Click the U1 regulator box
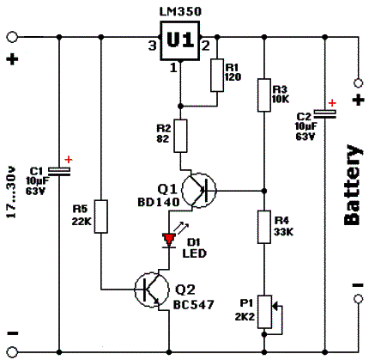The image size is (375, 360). (180, 41)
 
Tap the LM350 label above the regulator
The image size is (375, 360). (180, 11)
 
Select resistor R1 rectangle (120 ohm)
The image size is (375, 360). (217, 76)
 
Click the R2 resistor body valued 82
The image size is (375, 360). (180, 136)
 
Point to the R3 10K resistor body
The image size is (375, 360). (264, 95)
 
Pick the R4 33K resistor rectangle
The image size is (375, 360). (264, 227)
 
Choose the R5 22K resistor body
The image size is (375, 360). (101, 217)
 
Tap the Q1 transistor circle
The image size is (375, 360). (199, 190)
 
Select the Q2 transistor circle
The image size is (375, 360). (152, 290)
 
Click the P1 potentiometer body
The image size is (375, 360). (264, 312)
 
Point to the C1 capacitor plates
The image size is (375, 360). (59, 171)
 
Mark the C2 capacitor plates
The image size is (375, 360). (324, 114)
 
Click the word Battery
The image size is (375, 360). (353, 185)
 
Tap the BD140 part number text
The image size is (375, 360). (159, 203)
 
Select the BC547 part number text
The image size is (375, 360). (194, 304)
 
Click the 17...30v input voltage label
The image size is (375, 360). (11, 192)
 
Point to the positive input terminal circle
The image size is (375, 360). (12, 37)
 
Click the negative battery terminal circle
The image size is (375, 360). (358, 299)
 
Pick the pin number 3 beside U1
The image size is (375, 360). (153, 46)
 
